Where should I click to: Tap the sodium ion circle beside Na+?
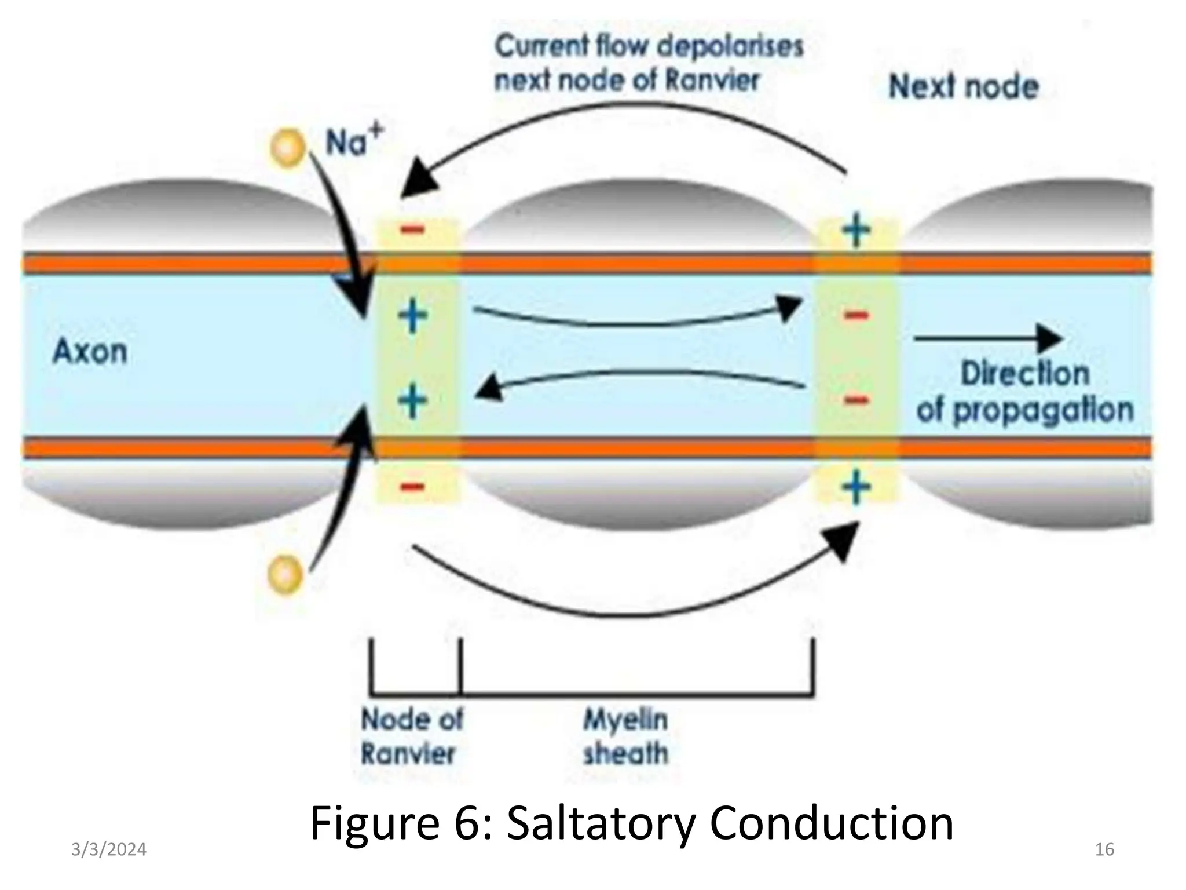pyautogui.click(x=288, y=148)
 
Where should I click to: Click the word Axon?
pyautogui.click(x=90, y=352)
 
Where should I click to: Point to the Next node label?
pyautogui.click(x=964, y=87)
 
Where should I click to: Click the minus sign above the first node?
pyautogui.click(x=413, y=230)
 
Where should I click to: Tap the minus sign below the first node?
pyautogui.click(x=413, y=486)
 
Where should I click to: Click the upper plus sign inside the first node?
pyautogui.click(x=413, y=316)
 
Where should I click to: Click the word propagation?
pyautogui.click(x=1043, y=410)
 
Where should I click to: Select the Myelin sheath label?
pyautogui.click(x=625, y=737)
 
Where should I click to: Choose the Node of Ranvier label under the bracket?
pyautogui.click(x=412, y=737)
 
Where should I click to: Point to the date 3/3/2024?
pyautogui.click(x=109, y=850)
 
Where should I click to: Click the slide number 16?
pyautogui.click(x=1104, y=850)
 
